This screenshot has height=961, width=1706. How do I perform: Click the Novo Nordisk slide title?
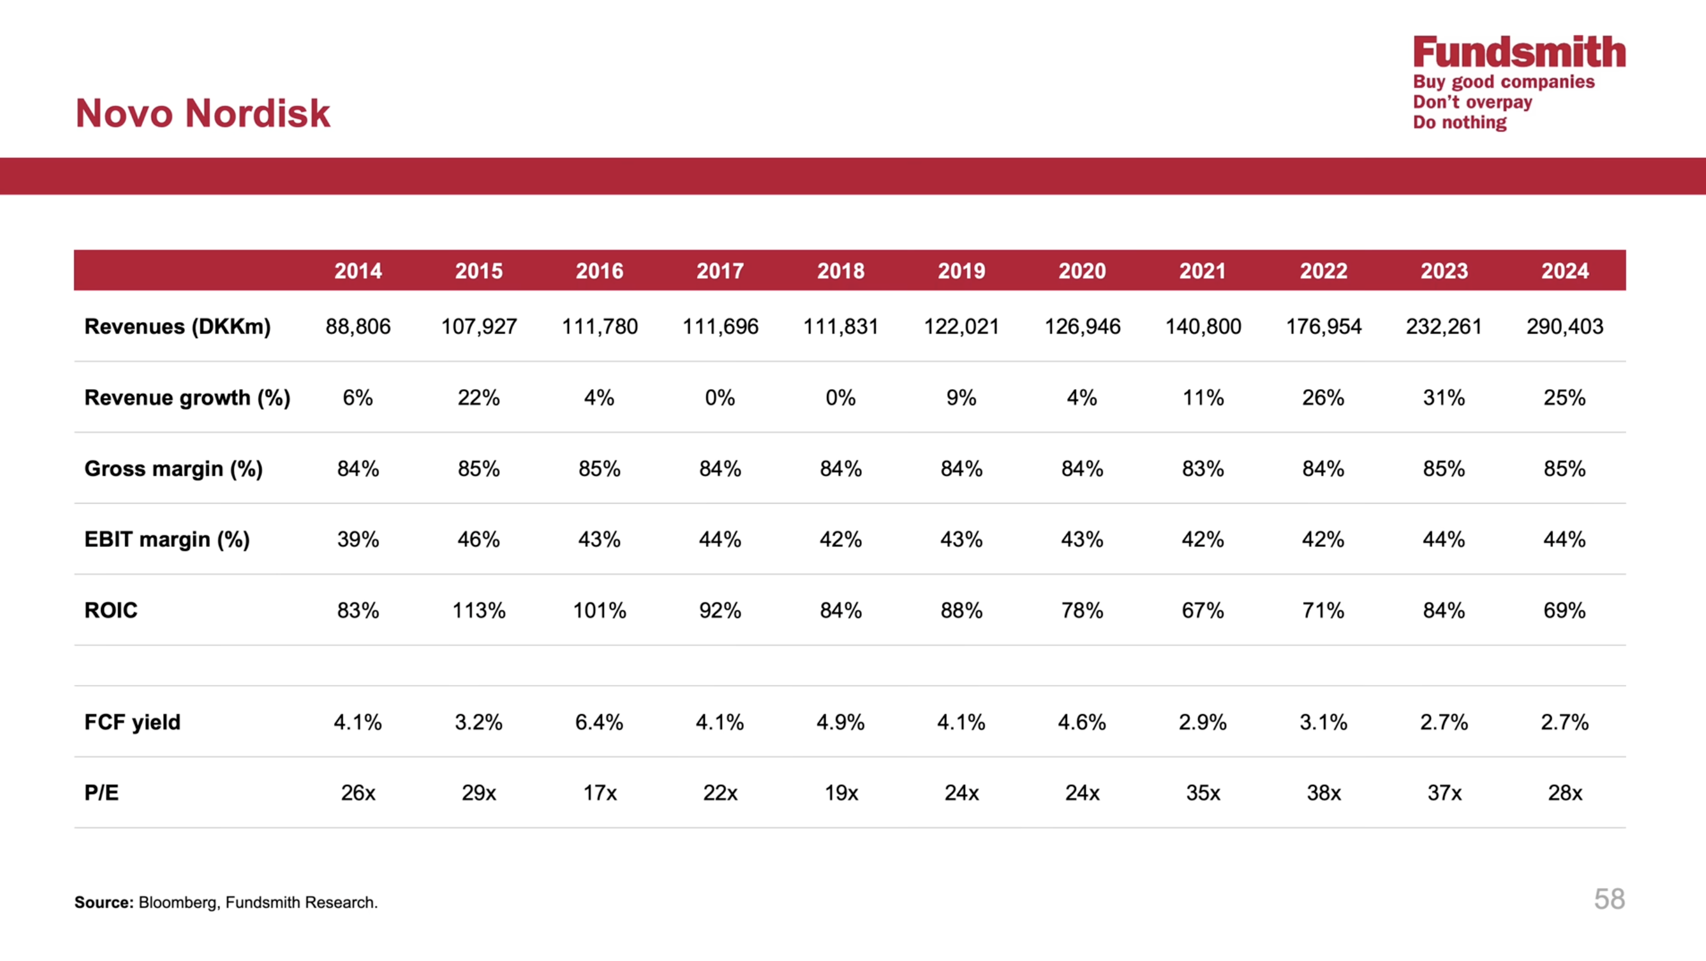coord(203,113)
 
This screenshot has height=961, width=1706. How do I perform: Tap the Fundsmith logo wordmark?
coord(1519,52)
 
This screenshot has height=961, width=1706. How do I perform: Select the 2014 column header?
coord(358,271)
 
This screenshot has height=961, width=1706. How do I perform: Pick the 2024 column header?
coord(1565,271)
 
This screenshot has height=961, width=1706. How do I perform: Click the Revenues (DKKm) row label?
coord(177,326)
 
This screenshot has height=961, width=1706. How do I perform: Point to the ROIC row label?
coord(110,610)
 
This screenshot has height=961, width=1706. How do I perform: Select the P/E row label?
coord(101,793)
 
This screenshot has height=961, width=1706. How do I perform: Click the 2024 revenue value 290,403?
coord(1565,326)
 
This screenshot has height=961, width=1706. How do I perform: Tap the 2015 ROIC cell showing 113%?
coord(479,610)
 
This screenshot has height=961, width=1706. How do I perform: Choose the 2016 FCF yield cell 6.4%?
coord(599,722)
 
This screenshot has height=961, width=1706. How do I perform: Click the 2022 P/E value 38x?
coord(1324,793)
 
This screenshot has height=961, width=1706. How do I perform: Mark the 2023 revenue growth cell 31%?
coord(1444,397)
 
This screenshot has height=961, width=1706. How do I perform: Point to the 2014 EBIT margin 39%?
coord(358,539)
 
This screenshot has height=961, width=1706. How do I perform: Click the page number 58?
coord(1609,899)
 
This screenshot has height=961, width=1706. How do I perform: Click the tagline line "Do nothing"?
coord(1460,123)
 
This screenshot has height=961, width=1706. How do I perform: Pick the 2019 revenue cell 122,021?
coord(962,326)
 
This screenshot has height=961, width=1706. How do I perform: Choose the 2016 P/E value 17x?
coord(599,793)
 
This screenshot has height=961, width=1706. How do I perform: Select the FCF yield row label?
coord(132,722)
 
